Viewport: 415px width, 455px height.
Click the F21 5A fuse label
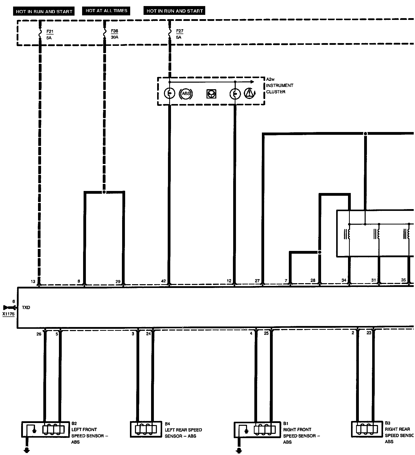click(50, 35)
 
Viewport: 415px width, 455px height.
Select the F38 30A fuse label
click(114, 34)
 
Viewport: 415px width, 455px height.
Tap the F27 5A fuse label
click(179, 34)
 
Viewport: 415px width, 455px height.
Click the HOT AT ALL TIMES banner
click(106, 11)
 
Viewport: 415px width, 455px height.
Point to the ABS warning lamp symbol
click(186, 94)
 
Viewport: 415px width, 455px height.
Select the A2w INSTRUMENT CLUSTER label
click(279, 85)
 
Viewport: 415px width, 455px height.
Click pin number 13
click(33, 281)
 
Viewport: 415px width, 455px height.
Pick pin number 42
click(163, 281)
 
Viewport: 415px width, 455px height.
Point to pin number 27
click(257, 281)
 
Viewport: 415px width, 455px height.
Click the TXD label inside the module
click(26, 308)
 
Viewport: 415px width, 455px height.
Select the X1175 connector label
click(9, 314)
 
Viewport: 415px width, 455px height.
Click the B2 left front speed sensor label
click(89, 433)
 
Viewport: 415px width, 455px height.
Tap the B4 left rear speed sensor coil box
click(146, 429)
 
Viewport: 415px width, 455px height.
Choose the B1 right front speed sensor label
click(301, 433)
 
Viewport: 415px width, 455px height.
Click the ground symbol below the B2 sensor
click(26, 450)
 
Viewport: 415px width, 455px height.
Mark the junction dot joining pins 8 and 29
click(104, 192)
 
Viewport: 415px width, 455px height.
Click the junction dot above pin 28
click(320, 252)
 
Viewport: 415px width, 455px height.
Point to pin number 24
click(148, 334)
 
